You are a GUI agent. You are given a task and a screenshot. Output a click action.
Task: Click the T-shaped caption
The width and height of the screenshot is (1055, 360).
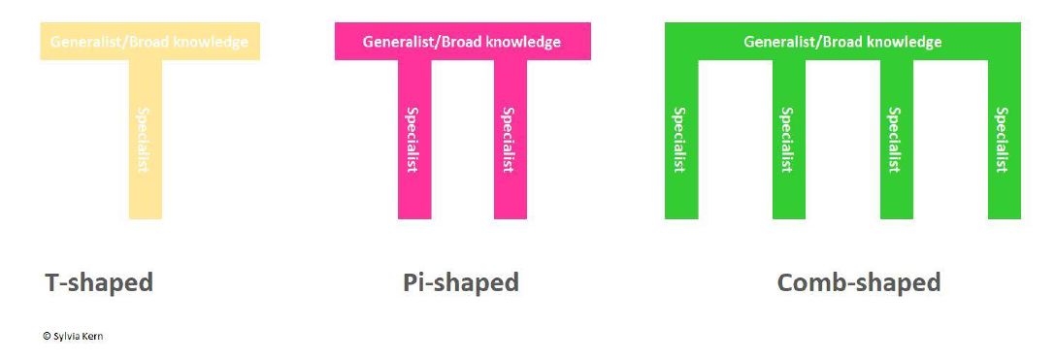[99, 282]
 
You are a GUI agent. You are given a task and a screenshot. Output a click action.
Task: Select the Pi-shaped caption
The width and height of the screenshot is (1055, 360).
[461, 282]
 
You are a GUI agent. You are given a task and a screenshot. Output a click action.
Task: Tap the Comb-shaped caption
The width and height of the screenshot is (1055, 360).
[859, 282]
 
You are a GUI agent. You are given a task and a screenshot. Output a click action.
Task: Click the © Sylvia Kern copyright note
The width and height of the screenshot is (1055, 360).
[73, 336]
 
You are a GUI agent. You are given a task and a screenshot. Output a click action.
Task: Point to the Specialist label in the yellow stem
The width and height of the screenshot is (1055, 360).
[143, 140]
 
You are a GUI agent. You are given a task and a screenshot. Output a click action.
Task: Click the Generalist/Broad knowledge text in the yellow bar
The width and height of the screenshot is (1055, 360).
[149, 42]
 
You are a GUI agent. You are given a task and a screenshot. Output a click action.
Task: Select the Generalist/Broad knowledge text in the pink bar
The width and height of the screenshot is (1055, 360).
[462, 42]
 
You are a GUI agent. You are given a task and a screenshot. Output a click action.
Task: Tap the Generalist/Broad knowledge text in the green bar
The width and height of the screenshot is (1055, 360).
[842, 42]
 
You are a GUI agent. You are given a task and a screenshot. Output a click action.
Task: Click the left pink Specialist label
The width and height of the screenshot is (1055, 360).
[412, 140]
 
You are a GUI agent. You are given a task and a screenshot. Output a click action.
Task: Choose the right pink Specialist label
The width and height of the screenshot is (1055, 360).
[509, 140]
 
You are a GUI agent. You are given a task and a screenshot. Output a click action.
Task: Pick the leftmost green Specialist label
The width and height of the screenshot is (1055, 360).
[679, 140]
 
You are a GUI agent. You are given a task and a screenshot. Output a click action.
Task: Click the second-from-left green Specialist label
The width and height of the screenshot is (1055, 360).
[786, 140]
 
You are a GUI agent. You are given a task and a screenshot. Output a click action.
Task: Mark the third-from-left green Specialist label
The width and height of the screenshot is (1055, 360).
[894, 140]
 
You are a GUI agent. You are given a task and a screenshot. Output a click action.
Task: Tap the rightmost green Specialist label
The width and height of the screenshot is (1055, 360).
[1003, 140]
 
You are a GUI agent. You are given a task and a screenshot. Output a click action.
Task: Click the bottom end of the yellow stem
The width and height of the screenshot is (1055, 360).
[146, 218]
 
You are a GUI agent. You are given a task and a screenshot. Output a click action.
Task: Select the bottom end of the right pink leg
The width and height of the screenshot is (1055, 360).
[511, 218]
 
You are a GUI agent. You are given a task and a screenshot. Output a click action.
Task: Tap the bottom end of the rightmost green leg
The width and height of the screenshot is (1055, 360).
[1005, 218]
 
